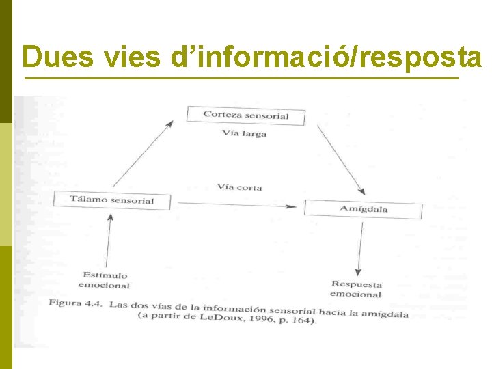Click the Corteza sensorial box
click(246, 115)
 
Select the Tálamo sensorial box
click(112, 200)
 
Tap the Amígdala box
click(363, 209)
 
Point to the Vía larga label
click(245, 133)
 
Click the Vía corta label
click(240, 187)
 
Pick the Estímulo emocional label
click(103, 280)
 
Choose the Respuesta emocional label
click(356, 289)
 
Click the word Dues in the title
click(57, 57)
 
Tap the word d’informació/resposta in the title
click(326, 57)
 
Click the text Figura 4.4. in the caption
click(74, 303)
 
